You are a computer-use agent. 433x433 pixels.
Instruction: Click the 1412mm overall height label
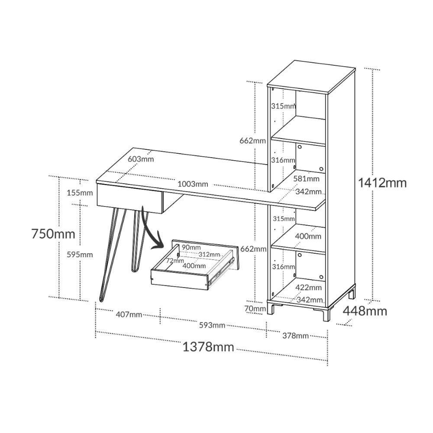(382, 183)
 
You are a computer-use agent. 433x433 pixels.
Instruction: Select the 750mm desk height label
(53, 234)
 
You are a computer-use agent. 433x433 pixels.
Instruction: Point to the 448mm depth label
(365, 310)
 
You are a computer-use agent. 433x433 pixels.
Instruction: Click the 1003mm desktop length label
(192, 184)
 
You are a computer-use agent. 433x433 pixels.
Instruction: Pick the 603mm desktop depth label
(141, 159)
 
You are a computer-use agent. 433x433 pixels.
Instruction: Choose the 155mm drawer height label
(80, 193)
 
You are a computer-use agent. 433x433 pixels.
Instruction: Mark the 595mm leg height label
(80, 255)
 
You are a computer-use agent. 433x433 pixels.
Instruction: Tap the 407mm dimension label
(129, 314)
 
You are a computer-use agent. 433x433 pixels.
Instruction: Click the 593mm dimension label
(212, 325)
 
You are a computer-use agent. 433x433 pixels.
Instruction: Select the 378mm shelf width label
(295, 336)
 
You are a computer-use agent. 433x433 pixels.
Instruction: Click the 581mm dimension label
(307, 178)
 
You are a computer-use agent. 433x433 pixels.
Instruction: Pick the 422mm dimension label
(308, 287)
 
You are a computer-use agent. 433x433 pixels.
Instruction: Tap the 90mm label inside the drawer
(191, 247)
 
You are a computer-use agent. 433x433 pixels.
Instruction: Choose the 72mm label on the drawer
(175, 261)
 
